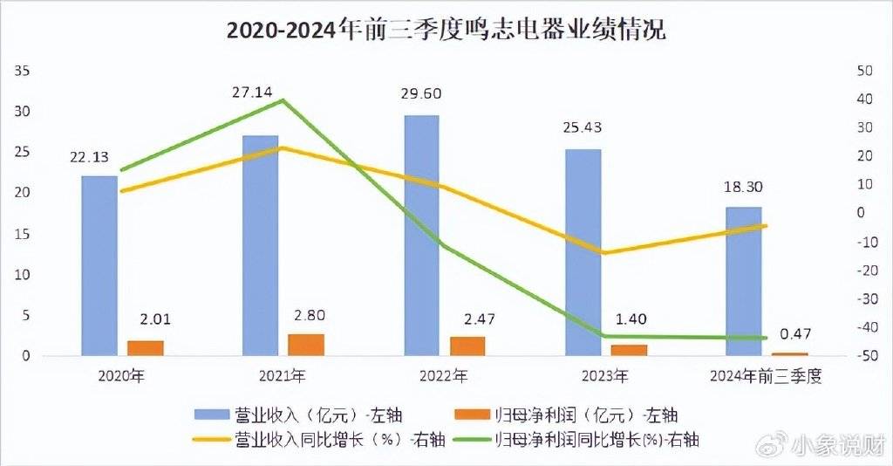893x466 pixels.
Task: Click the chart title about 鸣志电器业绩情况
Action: (x=446, y=31)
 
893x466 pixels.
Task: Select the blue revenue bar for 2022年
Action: (x=422, y=236)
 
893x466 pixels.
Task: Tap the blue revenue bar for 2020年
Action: (x=99, y=266)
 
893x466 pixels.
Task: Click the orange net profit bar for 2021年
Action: (x=306, y=345)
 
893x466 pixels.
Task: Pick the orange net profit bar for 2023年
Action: (x=630, y=350)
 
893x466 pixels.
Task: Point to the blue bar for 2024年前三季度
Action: (x=744, y=281)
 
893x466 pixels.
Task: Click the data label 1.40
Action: (x=629, y=319)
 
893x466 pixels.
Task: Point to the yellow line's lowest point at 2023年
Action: (x=605, y=253)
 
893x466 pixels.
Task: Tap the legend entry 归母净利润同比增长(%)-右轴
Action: (x=596, y=439)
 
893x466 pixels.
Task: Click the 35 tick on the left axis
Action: (x=24, y=71)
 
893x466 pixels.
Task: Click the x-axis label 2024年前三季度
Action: (x=767, y=377)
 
